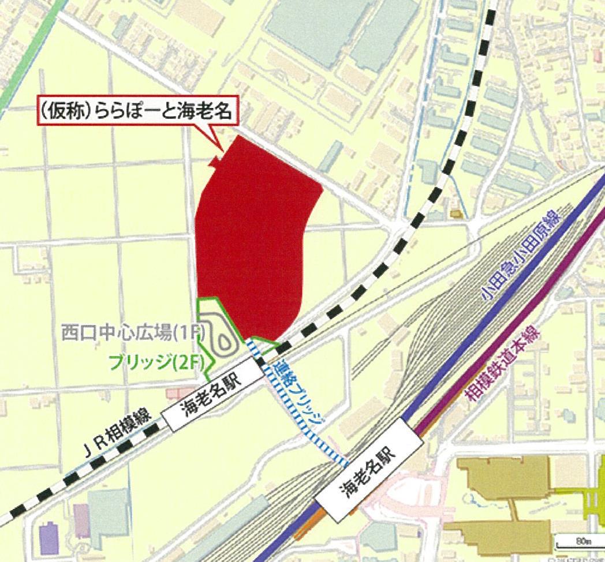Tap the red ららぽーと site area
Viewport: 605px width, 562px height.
251,237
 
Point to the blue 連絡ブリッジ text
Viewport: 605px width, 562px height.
299,396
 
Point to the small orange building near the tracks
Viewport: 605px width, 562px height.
457,214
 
